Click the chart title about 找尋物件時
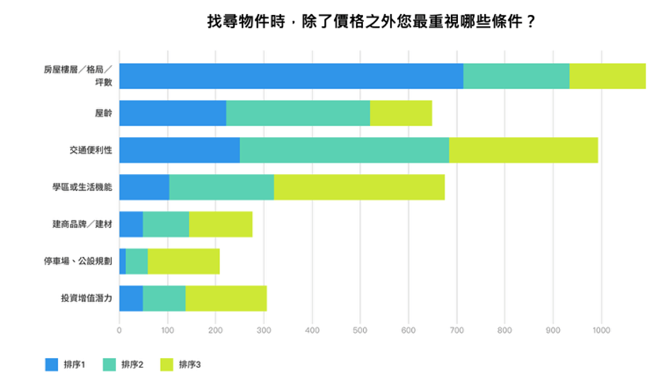[371, 22]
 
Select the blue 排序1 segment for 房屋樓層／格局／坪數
[291, 76]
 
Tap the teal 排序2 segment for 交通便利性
[344, 150]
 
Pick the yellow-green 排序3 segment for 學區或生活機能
[359, 187]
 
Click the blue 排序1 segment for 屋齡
[173, 113]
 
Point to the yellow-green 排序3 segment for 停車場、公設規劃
[183, 261]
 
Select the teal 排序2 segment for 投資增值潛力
[164, 298]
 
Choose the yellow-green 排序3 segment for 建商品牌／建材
[220, 224]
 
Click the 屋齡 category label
[103, 113]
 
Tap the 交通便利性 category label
[91, 150]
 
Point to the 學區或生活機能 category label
[84, 187]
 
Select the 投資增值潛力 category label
[87, 298]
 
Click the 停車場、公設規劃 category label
[79, 261]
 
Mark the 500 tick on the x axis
[360, 330]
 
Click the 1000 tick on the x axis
[602, 330]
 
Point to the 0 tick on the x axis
[119, 330]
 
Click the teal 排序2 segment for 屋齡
[297, 113]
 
